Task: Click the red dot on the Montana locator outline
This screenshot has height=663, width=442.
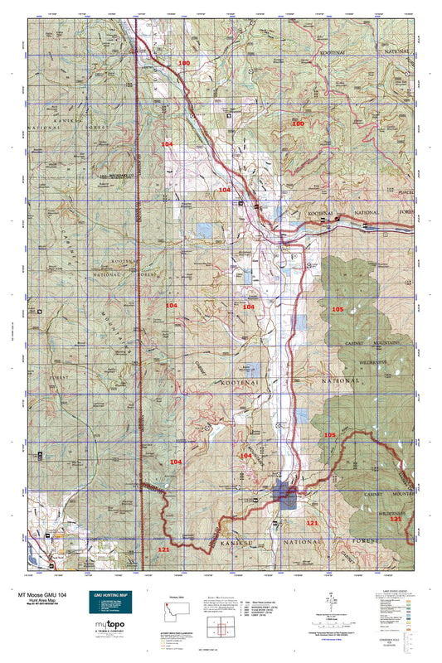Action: (x=179, y=608)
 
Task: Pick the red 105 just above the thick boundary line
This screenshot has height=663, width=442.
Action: (x=329, y=435)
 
